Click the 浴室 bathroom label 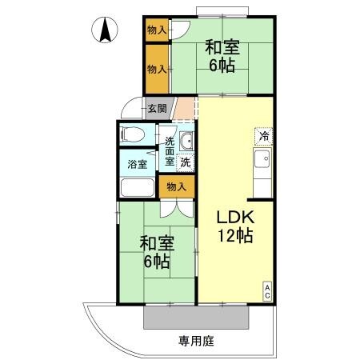pos(137,165)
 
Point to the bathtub pos(137,188)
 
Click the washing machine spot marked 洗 pos(186,162)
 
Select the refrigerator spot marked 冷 pos(263,137)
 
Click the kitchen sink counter pos(262,168)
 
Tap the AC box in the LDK pos(268,292)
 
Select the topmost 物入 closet pos(157,30)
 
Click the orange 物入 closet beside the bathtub pos(176,187)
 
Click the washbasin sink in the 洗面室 pos(186,142)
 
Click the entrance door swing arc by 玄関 pos(131,110)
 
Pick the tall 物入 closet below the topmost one pos(157,70)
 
